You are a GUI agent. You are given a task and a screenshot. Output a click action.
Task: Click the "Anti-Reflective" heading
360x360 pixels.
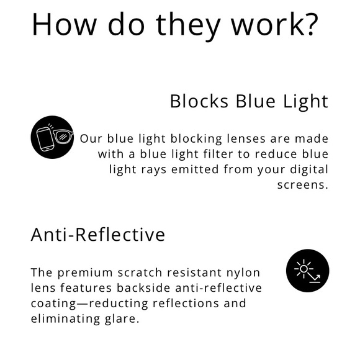click(98, 235)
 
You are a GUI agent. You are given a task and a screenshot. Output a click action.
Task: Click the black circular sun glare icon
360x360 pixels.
click(307, 271)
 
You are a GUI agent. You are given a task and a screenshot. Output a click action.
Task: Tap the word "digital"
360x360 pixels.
click(307, 169)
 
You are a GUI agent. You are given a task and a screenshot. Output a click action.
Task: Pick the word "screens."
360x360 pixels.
click(303, 184)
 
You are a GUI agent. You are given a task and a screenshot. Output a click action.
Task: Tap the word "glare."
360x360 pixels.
click(120, 319)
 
